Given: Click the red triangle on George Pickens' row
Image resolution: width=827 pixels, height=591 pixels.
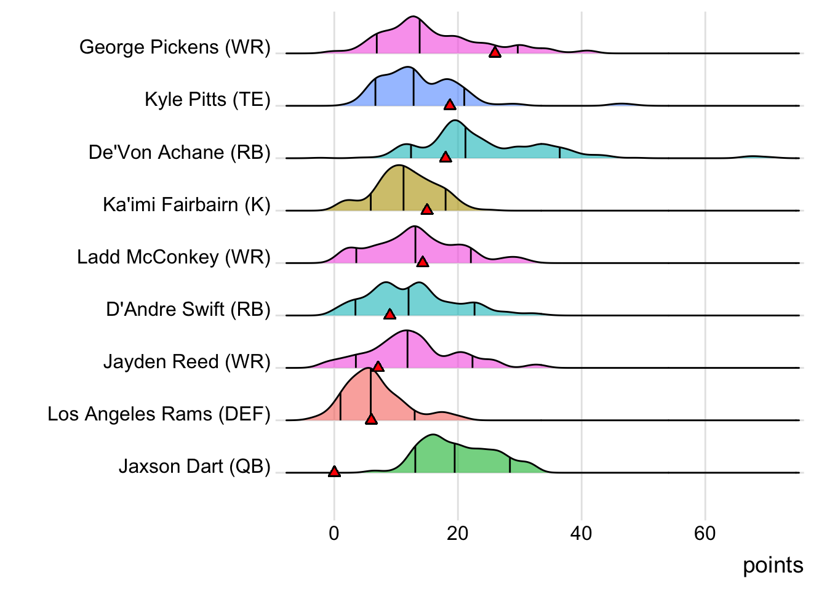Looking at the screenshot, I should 495,52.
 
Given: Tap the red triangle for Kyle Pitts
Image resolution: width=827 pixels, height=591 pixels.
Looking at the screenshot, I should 450,105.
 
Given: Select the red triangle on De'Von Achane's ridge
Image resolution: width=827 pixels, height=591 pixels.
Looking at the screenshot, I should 445,157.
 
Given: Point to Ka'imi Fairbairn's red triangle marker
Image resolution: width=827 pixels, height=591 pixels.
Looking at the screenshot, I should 427,210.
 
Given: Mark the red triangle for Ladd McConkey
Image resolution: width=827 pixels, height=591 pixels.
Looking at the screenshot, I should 423,262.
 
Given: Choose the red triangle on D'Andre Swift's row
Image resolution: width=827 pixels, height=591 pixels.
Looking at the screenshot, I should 390,315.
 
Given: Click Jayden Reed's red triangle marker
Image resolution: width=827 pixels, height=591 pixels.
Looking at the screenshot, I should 378,367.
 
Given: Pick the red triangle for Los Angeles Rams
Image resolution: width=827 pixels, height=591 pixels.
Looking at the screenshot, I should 371,419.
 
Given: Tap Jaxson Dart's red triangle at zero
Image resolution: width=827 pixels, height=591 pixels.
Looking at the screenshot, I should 334,472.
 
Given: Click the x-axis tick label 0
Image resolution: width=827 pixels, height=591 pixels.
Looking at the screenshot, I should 334,533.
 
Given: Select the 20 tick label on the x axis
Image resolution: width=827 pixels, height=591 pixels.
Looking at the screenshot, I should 458,533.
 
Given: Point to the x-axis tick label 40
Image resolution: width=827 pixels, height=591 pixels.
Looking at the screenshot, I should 581,533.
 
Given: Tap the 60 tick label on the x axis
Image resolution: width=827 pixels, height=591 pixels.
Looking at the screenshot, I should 705,533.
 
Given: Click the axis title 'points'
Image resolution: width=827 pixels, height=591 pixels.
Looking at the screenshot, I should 773,565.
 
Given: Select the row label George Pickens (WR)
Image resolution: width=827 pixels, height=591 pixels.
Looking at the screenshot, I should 175,47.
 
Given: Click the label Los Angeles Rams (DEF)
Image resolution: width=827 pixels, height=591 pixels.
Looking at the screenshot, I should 159,414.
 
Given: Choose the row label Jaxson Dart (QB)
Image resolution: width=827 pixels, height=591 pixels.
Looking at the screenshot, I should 194,467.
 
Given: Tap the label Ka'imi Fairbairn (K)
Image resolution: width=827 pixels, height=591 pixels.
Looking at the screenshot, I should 186,204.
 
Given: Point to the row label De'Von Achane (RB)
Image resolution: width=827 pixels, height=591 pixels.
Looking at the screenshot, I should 179,152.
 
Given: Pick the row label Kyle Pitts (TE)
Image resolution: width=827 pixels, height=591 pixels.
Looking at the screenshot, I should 207,100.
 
